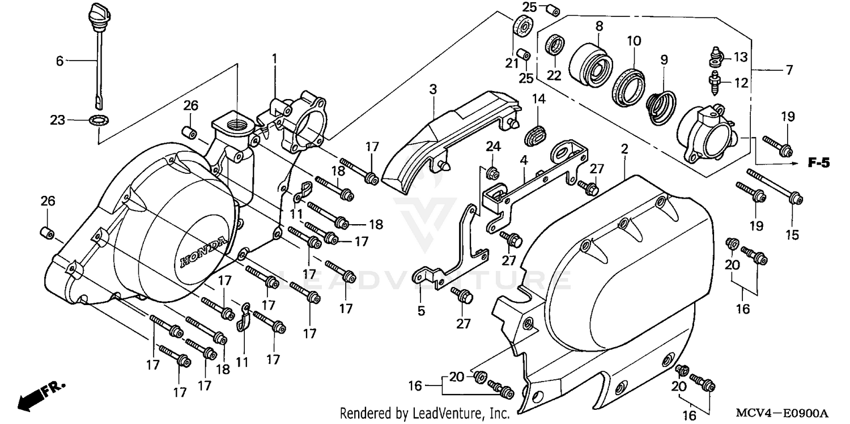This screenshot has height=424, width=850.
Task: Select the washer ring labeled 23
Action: click(100, 120)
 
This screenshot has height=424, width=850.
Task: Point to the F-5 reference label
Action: click(818, 164)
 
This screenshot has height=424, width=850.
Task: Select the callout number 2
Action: click(624, 149)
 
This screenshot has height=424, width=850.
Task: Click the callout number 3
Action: click(433, 89)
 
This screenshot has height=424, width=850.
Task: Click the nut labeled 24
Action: click(493, 172)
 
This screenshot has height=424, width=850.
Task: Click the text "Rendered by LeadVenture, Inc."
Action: click(424, 413)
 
